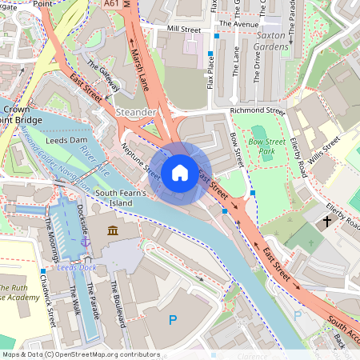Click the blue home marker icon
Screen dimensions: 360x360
pos(180,172)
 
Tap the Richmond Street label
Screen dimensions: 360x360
pos(257,111)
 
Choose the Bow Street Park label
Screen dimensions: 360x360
pos(267,146)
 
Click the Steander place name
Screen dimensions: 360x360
pos(136,112)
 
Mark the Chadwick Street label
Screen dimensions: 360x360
pos(50,304)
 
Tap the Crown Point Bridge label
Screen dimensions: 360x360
pos(21,114)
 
